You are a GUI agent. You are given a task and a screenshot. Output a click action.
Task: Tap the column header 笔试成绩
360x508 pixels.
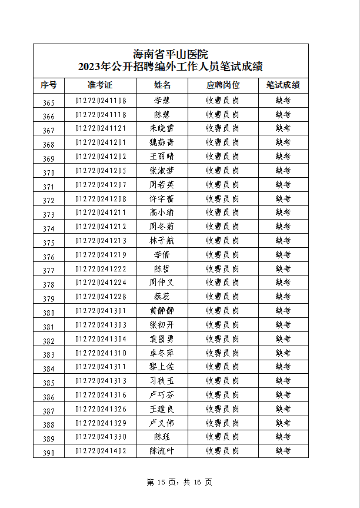[283, 85]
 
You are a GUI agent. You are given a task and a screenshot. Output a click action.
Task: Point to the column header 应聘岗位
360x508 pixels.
[222, 85]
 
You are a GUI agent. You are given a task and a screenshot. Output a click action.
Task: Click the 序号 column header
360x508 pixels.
[49, 85]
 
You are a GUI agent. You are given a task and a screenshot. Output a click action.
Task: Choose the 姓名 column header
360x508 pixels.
[162, 85]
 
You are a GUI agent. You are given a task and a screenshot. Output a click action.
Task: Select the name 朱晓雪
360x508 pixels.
[162, 128]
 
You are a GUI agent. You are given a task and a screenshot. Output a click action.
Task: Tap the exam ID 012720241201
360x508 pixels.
[101, 142]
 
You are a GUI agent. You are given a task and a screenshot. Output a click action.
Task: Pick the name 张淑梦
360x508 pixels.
[162, 170]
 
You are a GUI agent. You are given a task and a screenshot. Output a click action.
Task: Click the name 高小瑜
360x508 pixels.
[162, 212]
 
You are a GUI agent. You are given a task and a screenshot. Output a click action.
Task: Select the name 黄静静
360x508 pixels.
[162, 310]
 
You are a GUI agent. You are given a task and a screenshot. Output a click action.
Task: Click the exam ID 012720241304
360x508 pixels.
[101, 338]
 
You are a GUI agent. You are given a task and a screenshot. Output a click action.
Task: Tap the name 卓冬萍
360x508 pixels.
[162, 353]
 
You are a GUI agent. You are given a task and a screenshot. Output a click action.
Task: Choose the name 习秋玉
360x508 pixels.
[162, 381]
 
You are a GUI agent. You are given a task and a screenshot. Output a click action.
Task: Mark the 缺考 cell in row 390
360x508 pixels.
[283, 451]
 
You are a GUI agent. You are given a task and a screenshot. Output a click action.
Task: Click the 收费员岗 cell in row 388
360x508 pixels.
[222, 423]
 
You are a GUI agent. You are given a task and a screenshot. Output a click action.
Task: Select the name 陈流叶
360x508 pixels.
[162, 451]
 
